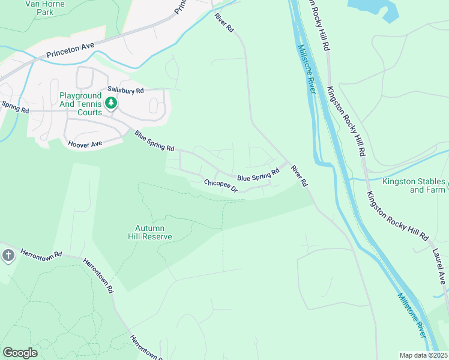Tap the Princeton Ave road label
tap(71, 51)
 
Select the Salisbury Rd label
tap(125, 91)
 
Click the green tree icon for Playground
tap(110, 103)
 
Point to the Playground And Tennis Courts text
tap(80, 104)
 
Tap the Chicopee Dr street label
tap(221, 186)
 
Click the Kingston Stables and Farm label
tap(414, 185)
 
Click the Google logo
tap(20, 353)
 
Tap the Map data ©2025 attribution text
tap(423, 355)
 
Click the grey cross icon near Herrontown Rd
tap(8, 255)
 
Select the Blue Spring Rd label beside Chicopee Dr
tap(258, 175)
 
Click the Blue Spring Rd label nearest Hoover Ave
tap(154, 140)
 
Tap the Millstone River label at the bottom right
tap(412, 314)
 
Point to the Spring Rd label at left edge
tap(14, 107)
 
